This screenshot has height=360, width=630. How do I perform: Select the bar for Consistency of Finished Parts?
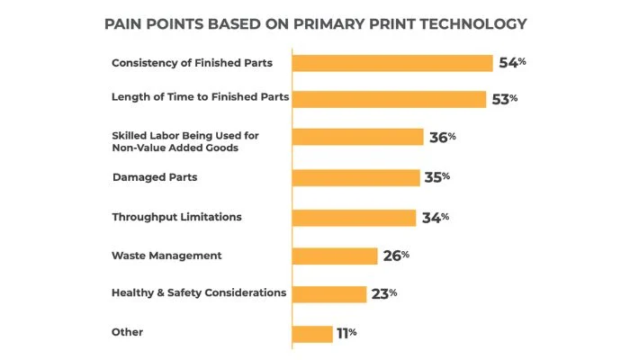[x=392, y=63]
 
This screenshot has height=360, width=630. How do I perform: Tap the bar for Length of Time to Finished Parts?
[x=389, y=98]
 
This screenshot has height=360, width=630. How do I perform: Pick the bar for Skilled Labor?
[x=358, y=137]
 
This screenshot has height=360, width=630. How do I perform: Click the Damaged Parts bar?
[x=356, y=177]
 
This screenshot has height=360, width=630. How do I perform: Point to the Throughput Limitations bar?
[x=355, y=217]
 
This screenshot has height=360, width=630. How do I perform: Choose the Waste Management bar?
[x=336, y=256]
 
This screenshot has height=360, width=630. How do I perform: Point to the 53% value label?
[x=505, y=98]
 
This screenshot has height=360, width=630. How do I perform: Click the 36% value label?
[x=443, y=137]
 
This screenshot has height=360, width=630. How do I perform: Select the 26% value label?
[x=396, y=256]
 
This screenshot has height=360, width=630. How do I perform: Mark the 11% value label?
[x=346, y=333]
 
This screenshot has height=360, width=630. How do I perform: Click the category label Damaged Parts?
[x=155, y=177]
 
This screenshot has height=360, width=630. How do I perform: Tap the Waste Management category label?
[x=166, y=256]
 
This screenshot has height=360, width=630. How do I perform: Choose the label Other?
[x=127, y=332]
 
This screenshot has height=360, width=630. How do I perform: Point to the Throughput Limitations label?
[x=176, y=217]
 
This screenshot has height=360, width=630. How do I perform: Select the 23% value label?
[x=384, y=293]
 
